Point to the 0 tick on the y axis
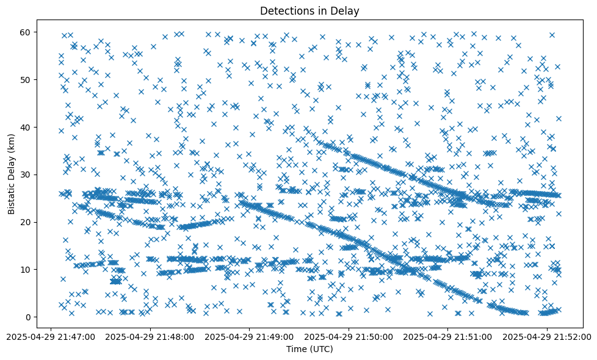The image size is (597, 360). pyautogui.click(x=27, y=317)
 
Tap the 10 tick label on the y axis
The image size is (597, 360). pyautogui.click(x=26, y=269)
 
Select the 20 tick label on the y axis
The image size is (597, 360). pyautogui.click(x=26, y=221)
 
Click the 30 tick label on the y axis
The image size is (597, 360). pyautogui.click(x=26, y=175)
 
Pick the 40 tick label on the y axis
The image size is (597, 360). pyautogui.click(x=26, y=127)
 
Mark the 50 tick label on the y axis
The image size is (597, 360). pyautogui.click(x=26, y=79)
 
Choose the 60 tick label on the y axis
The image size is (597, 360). pyautogui.click(x=26, y=32)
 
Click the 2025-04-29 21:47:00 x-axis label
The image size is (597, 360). pyautogui.click(x=50, y=336)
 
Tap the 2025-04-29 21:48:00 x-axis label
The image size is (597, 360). pyautogui.click(x=150, y=336)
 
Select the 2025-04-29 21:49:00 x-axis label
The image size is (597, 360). pyautogui.click(x=249, y=336)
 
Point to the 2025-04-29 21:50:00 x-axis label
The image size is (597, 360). pyautogui.click(x=349, y=336)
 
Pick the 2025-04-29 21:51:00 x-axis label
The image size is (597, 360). pyautogui.click(x=448, y=336)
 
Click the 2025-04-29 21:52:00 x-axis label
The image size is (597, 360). pyautogui.click(x=547, y=336)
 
